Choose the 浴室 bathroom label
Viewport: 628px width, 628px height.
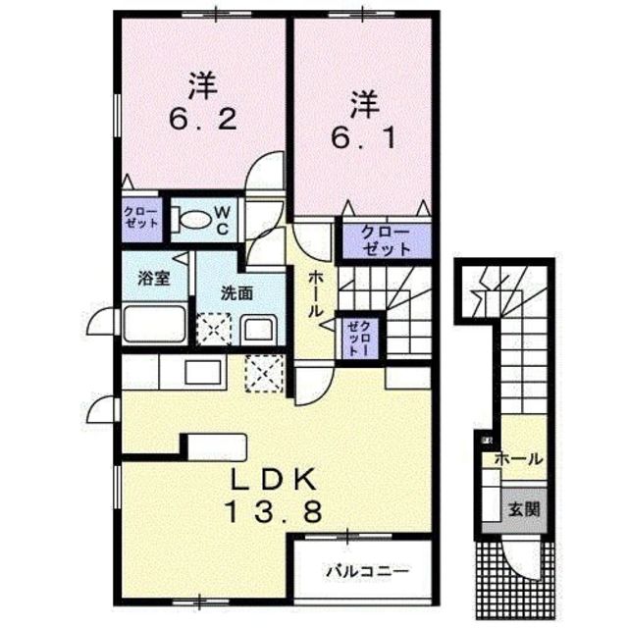154,277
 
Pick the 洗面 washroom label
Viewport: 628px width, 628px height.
236,291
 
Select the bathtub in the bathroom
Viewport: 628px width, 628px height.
154,323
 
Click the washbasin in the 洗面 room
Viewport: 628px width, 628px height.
259,329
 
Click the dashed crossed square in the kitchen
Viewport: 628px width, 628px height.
264,371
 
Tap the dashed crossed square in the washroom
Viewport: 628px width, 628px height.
213,328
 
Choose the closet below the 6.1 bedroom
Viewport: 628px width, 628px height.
386,239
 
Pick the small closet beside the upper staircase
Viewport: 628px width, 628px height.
355,338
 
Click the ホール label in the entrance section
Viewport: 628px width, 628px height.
517,457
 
